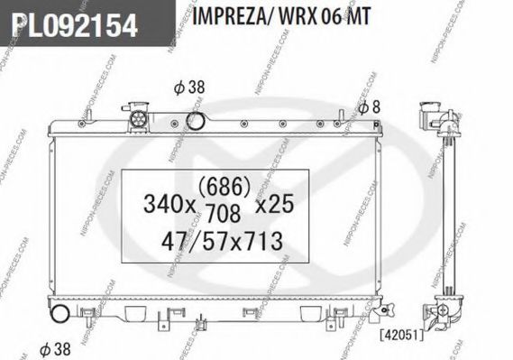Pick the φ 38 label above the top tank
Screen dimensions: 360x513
point(189,88)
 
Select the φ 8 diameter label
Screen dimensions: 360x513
point(370,107)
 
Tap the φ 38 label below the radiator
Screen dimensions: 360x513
point(56,348)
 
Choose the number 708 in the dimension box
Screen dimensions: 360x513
point(224,214)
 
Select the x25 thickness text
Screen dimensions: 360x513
point(273,205)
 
